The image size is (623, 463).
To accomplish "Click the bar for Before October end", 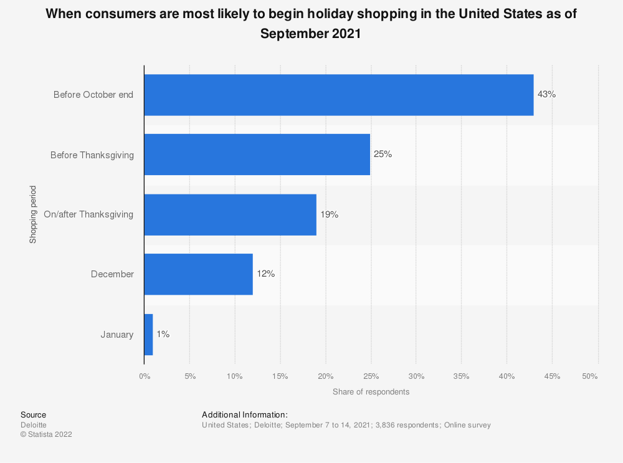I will (x=338, y=95).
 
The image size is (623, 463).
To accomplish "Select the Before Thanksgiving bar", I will (x=257, y=155).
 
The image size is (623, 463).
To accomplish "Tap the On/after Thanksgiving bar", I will (x=230, y=214).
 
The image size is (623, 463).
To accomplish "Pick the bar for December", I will (x=198, y=274).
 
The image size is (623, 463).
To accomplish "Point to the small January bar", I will (x=148, y=335).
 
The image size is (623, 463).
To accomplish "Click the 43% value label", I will (x=546, y=95).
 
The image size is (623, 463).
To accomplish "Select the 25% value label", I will (x=383, y=155).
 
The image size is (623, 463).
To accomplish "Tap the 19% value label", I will (x=329, y=214).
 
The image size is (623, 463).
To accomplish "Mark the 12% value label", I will (x=265, y=274).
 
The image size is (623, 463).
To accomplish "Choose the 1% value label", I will (x=163, y=335).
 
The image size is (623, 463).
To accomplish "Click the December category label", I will (x=112, y=274).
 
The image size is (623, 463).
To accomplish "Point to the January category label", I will (x=117, y=335).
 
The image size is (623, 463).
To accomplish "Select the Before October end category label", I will (x=93, y=95).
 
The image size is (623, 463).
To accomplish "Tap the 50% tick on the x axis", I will (x=589, y=376).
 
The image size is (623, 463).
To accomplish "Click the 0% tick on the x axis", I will (x=144, y=376).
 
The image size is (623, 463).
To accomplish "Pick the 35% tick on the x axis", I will (x=462, y=376).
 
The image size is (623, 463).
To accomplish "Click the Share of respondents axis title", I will (x=371, y=392).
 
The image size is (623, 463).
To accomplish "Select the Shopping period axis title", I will (x=32, y=214).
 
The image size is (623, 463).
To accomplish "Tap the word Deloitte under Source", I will (x=34, y=425).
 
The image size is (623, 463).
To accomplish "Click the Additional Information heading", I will (x=245, y=414).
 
